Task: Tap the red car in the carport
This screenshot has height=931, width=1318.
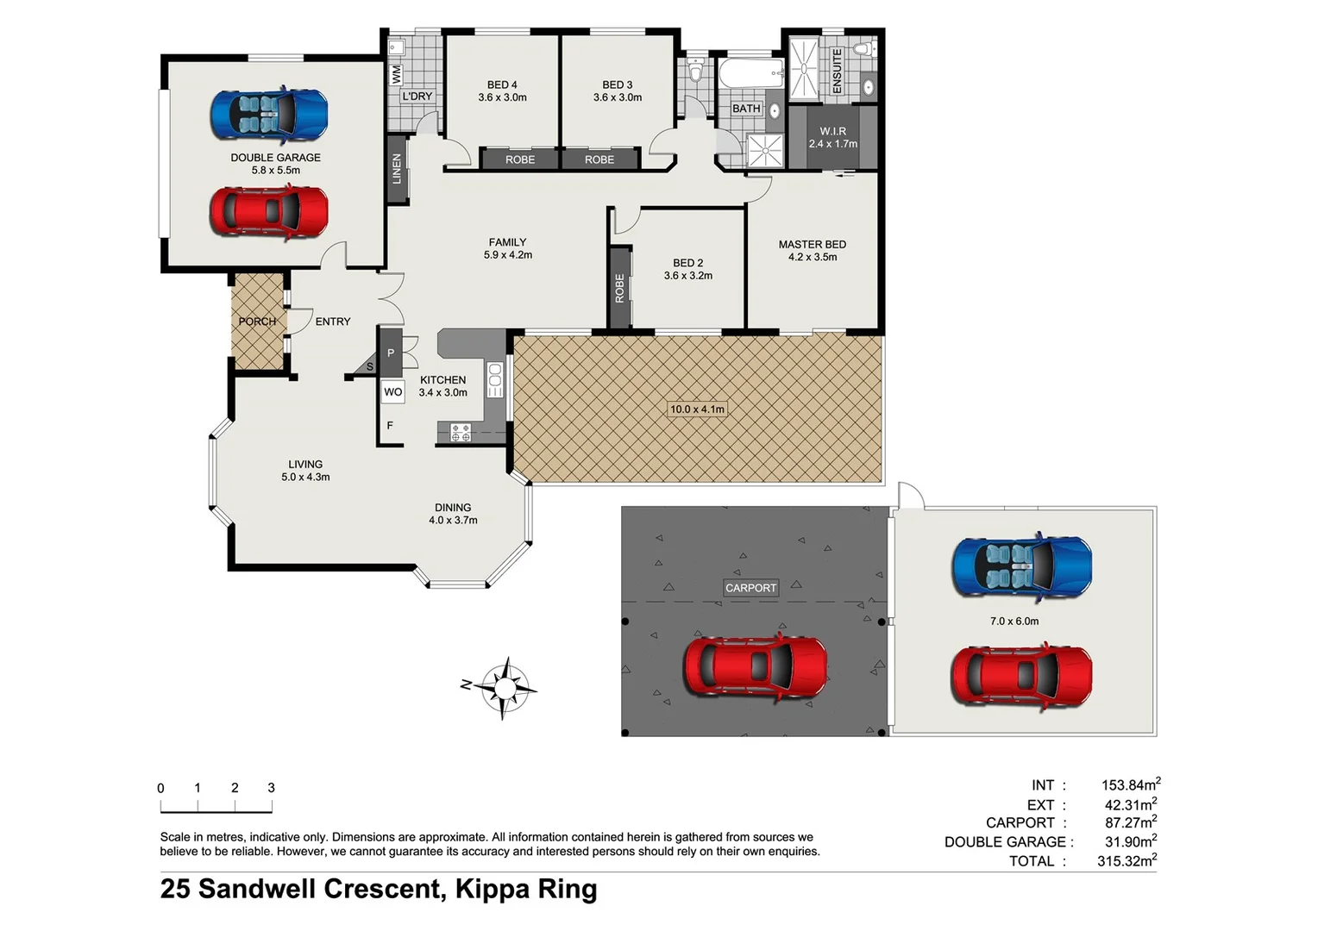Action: (755, 666)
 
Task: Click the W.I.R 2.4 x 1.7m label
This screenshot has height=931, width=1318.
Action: (832, 138)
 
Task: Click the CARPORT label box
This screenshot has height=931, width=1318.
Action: (750, 588)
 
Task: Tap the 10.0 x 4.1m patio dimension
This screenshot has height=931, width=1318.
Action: (697, 409)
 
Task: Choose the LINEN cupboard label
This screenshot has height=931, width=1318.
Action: (397, 169)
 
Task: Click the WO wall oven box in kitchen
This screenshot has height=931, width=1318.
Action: (392, 391)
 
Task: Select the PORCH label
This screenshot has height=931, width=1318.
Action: (257, 322)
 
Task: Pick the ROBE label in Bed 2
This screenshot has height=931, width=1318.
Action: (619, 288)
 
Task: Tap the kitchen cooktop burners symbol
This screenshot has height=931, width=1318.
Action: (461, 433)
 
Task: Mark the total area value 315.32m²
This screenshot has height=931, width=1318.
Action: (1127, 860)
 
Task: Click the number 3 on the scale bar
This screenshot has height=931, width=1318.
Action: (271, 788)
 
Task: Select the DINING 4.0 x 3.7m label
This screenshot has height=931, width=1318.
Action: (453, 514)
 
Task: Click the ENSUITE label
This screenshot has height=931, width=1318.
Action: (836, 70)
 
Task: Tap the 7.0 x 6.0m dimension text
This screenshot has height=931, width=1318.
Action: (1014, 621)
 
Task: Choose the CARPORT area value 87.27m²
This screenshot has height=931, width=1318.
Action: (1130, 822)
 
